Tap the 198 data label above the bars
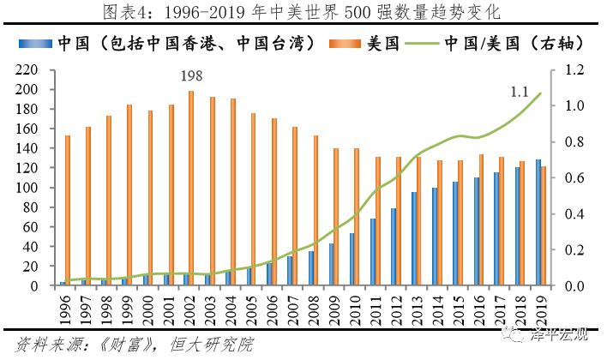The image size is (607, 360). (192, 77)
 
